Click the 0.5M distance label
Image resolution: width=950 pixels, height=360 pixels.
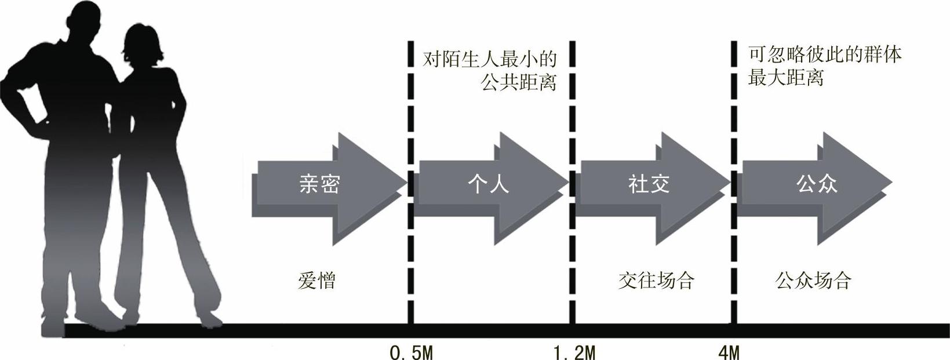click(x=412, y=351)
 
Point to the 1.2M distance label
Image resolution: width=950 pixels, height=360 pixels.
click(x=574, y=351)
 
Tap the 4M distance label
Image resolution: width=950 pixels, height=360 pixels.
click(x=729, y=351)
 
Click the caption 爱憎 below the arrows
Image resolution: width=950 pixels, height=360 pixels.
click(x=316, y=281)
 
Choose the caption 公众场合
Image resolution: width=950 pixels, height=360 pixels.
click(x=813, y=281)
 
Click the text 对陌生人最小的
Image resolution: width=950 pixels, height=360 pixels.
click(x=489, y=59)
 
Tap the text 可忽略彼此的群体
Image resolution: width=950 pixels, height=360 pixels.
click(x=825, y=54)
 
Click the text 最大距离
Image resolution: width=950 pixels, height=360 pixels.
click(x=785, y=78)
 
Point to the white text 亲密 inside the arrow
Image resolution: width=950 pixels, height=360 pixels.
click(x=319, y=184)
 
